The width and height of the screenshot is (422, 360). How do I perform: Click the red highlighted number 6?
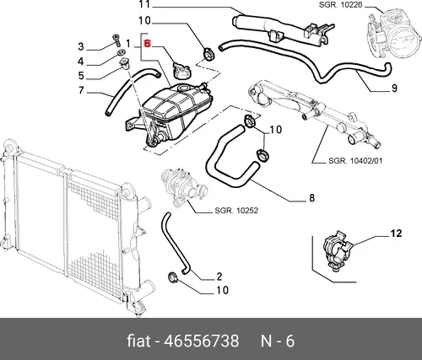click(147, 44)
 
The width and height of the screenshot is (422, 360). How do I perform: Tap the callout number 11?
click(144, 4)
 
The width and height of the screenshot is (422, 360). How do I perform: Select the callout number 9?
click(394, 89)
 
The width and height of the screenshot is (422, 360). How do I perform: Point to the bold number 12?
click(396, 234)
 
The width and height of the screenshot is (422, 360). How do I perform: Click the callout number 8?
click(311, 198)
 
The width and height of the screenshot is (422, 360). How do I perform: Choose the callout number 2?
click(219, 277)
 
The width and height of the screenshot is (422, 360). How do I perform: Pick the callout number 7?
click(81, 90)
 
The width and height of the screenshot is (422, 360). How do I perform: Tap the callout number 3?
click(81, 46)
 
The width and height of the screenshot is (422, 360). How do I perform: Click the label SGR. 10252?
click(236, 211)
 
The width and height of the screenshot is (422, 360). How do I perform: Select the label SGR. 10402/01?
click(355, 161)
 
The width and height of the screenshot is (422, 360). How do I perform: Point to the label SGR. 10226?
click(340, 4)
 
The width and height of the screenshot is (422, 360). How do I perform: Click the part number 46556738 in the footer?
click(202, 341)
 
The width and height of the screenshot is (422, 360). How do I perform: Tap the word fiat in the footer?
click(138, 341)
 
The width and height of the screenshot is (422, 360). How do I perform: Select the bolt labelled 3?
click(116, 40)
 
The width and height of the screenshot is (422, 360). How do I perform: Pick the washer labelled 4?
click(122, 52)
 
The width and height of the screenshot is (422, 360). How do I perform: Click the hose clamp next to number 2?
click(172, 277)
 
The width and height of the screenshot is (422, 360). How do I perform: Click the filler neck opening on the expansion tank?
click(184, 89)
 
